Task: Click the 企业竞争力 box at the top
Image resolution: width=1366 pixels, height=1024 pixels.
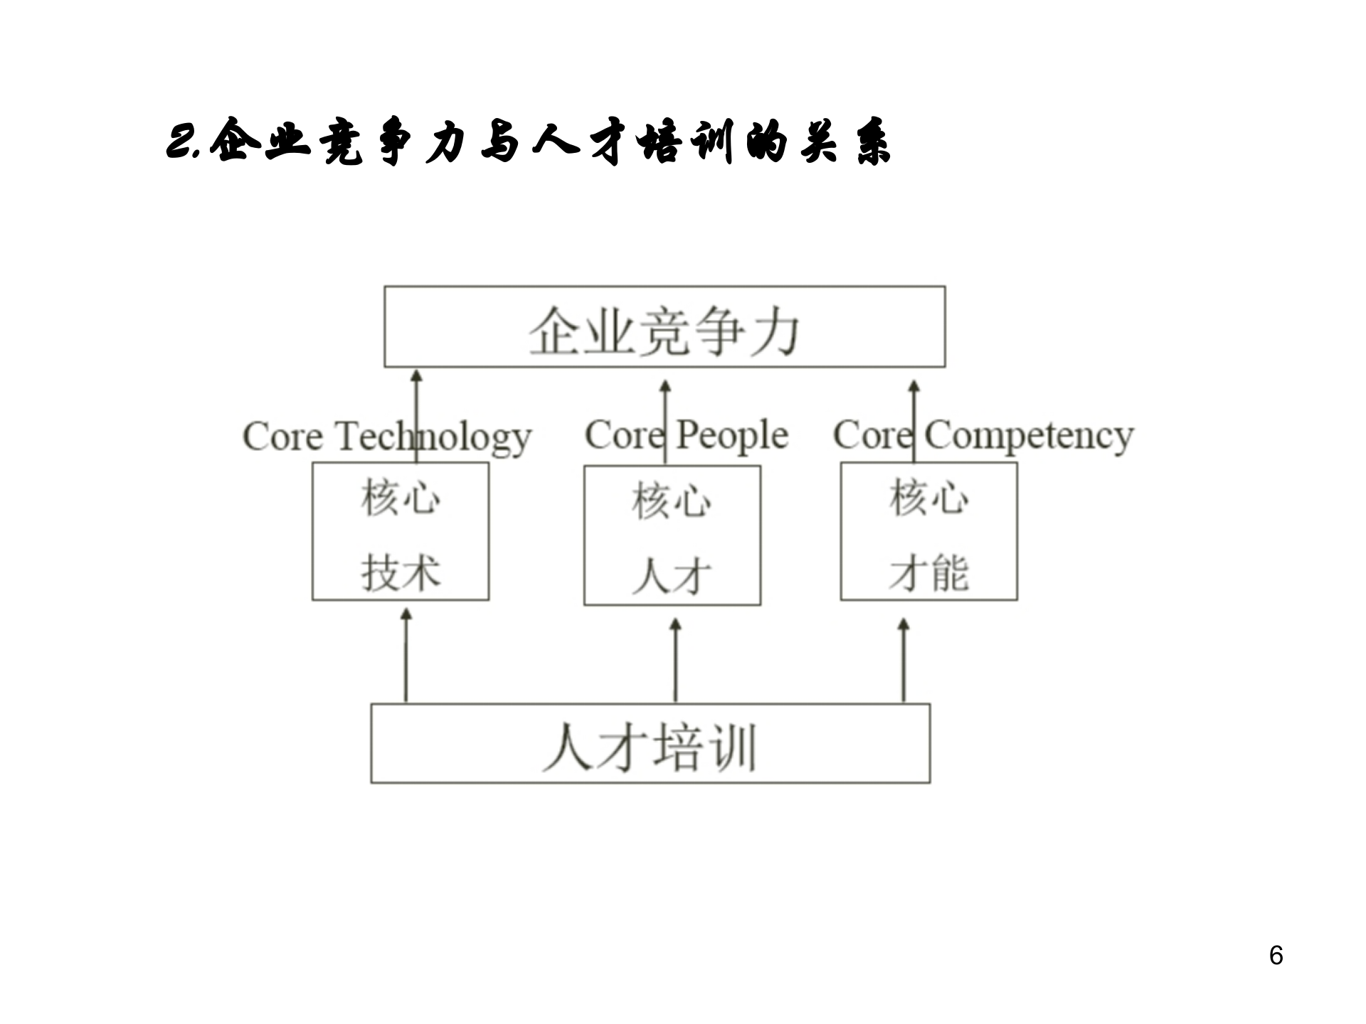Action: tap(665, 327)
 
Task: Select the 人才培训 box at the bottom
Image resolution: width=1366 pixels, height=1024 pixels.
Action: tap(650, 744)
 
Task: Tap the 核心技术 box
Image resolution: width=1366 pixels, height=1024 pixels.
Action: tap(401, 532)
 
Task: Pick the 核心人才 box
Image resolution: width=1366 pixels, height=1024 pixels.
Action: tap(672, 535)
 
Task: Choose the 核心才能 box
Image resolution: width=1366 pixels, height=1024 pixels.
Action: tap(928, 532)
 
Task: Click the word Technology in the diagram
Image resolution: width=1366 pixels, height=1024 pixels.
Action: tap(434, 437)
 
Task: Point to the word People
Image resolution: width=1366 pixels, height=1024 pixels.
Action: tap(731, 435)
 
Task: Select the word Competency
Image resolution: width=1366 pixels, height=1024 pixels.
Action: tap(1029, 435)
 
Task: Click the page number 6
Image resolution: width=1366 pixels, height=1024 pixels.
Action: tap(1276, 955)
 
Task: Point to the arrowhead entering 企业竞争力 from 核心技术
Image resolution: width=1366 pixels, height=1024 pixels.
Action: tap(417, 376)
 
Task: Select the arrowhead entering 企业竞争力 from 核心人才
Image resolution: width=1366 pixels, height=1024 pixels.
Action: tap(665, 386)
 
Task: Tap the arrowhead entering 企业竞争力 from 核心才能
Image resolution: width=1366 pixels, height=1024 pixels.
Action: tap(914, 386)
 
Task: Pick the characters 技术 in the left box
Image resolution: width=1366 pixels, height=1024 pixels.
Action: tap(401, 572)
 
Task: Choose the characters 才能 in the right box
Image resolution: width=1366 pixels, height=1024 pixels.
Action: tap(928, 572)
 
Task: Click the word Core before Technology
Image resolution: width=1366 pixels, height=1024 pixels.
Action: tap(282, 437)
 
